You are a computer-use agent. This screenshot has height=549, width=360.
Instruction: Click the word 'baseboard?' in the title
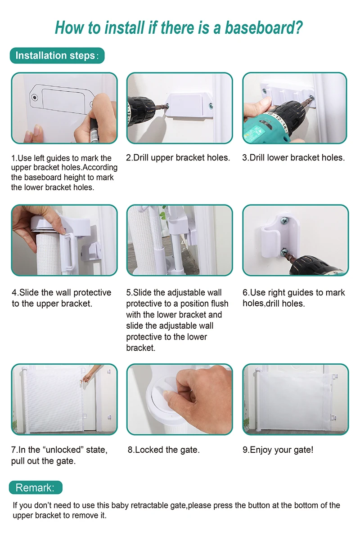click(x=264, y=28)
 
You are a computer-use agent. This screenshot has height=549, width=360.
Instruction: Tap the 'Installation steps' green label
click(x=57, y=56)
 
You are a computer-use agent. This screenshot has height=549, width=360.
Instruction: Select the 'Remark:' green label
click(x=36, y=487)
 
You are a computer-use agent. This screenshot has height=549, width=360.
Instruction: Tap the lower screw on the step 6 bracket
click(x=284, y=251)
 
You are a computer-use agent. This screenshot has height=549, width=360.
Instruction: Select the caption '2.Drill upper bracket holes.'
click(x=178, y=157)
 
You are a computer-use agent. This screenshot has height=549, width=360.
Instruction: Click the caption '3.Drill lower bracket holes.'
click(x=293, y=157)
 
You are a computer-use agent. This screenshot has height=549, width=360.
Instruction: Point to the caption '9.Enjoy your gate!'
click(x=278, y=450)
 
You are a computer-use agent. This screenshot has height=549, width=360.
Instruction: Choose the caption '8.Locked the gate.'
click(x=163, y=450)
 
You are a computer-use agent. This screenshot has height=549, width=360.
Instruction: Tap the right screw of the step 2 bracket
click(x=211, y=106)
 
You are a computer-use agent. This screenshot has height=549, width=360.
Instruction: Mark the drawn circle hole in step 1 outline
click(x=35, y=98)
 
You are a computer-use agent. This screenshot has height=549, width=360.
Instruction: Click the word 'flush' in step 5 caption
click(x=219, y=304)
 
